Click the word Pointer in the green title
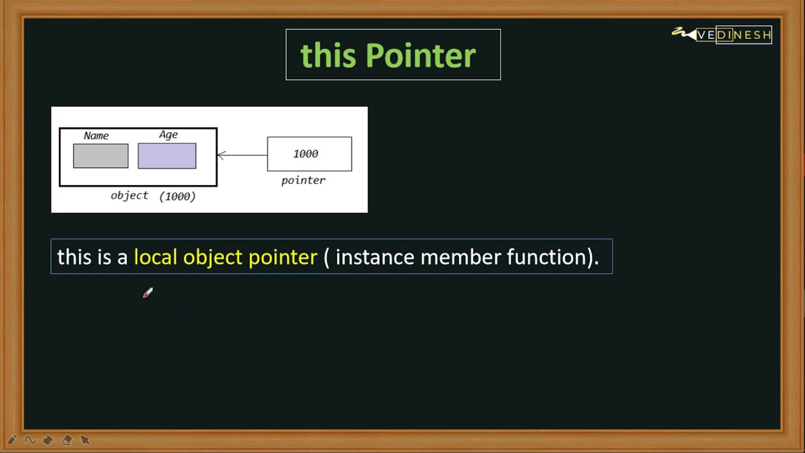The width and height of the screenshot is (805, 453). click(x=420, y=56)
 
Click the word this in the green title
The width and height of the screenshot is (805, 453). click(x=328, y=56)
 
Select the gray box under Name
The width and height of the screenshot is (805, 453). click(x=101, y=156)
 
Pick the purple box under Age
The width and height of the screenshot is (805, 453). click(x=167, y=156)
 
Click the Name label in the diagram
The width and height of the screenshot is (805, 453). click(x=96, y=136)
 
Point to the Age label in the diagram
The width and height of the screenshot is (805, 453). click(x=168, y=135)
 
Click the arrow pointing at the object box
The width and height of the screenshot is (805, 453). click(x=241, y=155)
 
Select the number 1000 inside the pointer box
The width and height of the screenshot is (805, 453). click(x=306, y=154)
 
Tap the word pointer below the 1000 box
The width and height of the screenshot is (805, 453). click(x=303, y=181)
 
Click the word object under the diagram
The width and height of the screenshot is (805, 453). click(x=130, y=196)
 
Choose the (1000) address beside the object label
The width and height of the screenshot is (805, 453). click(x=177, y=196)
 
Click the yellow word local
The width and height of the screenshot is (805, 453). click(x=155, y=257)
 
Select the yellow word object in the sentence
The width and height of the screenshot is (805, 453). click(x=213, y=257)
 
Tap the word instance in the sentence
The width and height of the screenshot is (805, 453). click(x=375, y=257)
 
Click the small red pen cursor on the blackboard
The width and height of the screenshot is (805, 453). click(x=148, y=293)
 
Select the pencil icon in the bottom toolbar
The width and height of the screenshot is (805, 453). click(x=12, y=440)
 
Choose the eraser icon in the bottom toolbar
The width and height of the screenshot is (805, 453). click(x=67, y=440)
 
